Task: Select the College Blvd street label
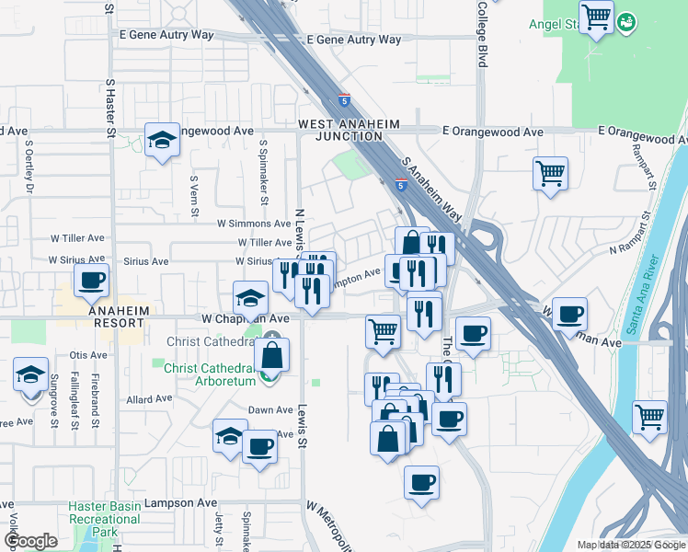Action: [x=481, y=33]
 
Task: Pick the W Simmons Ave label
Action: [x=254, y=224]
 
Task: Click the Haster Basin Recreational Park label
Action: [x=105, y=520]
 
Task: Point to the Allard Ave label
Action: [x=150, y=400]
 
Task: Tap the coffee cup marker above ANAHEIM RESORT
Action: [x=91, y=281]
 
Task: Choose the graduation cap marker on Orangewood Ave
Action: [x=163, y=141]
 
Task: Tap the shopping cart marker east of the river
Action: [x=649, y=417]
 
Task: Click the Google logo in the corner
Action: [x=30, y=541]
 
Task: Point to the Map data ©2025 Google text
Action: [x=631, y=545]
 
